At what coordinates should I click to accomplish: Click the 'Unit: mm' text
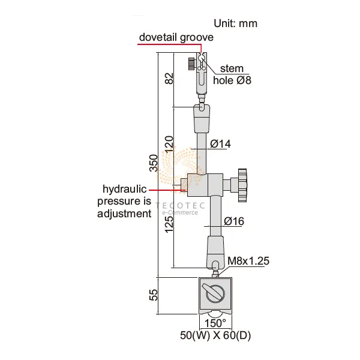235,23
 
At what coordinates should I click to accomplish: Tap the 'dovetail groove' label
176,37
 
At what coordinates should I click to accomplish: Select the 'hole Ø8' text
232,80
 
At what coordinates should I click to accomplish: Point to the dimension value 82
169,78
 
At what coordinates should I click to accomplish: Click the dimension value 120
169,144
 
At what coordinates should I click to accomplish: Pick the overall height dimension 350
154,163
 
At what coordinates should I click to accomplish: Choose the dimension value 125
169,224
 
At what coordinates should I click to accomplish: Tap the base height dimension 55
154,295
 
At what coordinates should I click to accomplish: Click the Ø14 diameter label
220,144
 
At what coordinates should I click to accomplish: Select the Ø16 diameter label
234,221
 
